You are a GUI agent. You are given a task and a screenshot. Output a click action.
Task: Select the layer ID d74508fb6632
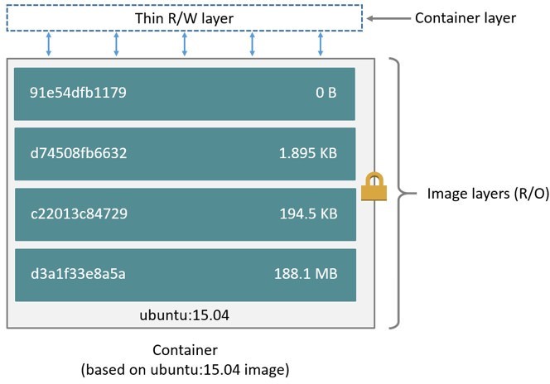coord(80,153)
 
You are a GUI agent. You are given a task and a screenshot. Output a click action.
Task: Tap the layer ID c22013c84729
coord(80,214)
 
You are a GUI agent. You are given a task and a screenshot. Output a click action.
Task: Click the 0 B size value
coord(326,93)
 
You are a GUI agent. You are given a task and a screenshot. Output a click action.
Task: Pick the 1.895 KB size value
coord(306,153)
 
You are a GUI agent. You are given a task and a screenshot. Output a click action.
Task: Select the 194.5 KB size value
coord(306,214)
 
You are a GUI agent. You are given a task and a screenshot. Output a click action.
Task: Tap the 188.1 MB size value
coord(305,274)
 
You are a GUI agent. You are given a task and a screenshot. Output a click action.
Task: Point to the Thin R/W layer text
coord(184,17)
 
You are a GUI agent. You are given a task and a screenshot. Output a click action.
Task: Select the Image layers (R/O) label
coord(475,194)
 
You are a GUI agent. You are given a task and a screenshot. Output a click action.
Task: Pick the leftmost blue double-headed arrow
coord(48,45)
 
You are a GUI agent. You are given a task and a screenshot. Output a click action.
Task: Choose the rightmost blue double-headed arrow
coord(320,45)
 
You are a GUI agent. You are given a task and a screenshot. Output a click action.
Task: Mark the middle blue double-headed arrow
coord(184,45)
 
